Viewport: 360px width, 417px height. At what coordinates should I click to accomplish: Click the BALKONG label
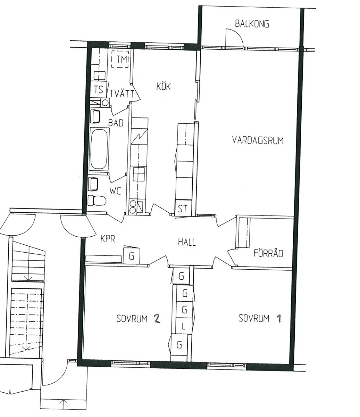click(x=252, y=24)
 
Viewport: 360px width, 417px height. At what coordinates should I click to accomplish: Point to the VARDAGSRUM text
click(x=258, y=140)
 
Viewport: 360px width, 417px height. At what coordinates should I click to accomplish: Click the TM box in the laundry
click(x=120, y=59)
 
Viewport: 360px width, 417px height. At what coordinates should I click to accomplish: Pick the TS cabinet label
click(x=99, y=89)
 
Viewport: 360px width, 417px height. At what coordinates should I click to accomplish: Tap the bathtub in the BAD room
click(x=99, y=149)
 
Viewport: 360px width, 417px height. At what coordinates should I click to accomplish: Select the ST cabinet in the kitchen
click(x=183, y=208)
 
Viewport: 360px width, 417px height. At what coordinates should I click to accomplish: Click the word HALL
click(x=187, y=242)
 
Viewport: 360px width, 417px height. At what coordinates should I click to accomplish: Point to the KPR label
click(x=108, y=239)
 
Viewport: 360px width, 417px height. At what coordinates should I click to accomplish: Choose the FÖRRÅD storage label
click(x=268, y=253)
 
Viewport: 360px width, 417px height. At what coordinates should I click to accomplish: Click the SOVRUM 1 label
click(x=260, y=318)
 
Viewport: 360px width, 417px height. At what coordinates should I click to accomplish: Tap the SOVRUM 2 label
click(x=138, y=319)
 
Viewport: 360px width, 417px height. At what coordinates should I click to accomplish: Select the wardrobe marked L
click(x=184, y=326)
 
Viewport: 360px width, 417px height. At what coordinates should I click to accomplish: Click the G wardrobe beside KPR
click(x=132, y=256)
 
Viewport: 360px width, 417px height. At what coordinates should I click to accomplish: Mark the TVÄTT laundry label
click(x=122, y=94)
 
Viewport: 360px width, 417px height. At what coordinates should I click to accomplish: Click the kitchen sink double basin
click(x=139, y=174)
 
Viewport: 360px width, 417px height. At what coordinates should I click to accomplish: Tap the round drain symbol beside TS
click(x=105, y=103)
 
